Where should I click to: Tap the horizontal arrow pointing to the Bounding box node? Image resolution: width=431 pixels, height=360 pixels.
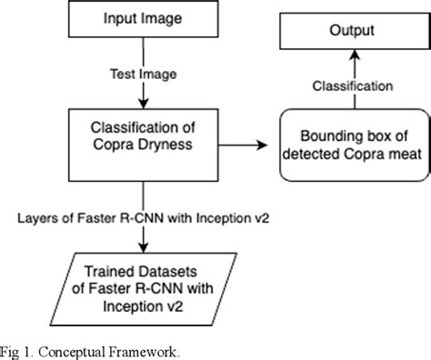point(238,144)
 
